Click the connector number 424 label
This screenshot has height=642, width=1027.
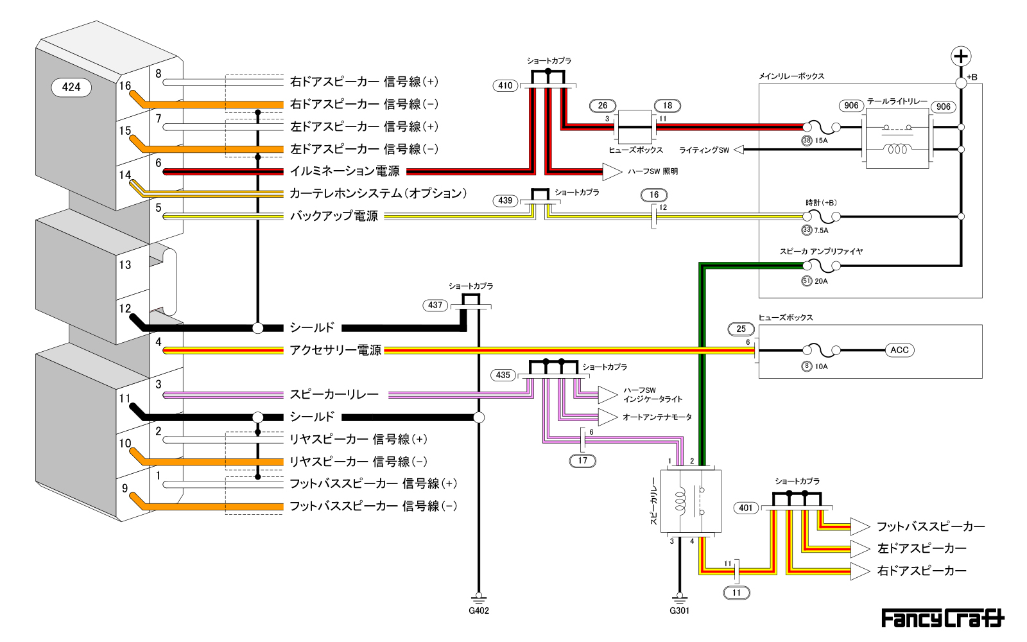coord(71,87)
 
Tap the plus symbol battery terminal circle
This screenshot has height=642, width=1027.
coord(960,56)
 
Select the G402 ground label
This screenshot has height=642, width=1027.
coord(479,611)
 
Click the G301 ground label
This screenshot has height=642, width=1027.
coord(679,611)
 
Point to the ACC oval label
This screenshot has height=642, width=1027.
coord(899,350)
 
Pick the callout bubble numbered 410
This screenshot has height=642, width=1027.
coord(505,85)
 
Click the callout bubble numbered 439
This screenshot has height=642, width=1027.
coord(505,200)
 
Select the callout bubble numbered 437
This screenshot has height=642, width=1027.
coord(435,306)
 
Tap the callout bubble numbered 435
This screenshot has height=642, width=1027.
coord(503,375)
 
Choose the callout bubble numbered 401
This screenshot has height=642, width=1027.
coord(746,508)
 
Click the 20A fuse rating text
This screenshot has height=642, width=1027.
coord(821,281)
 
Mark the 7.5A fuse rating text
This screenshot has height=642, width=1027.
coord(821,230)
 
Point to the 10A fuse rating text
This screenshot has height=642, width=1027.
coord(821,367)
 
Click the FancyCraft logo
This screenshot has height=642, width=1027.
coord(942,618)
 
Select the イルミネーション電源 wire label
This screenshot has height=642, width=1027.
coord(345,171)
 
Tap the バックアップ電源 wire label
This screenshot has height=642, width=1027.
coord(334,216)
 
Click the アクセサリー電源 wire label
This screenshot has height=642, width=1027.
coord(335,351)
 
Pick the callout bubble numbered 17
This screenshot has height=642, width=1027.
coord(582,460)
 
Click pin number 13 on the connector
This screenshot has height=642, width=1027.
coord(125,265)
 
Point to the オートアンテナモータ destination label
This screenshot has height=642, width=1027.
coord(657,417)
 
